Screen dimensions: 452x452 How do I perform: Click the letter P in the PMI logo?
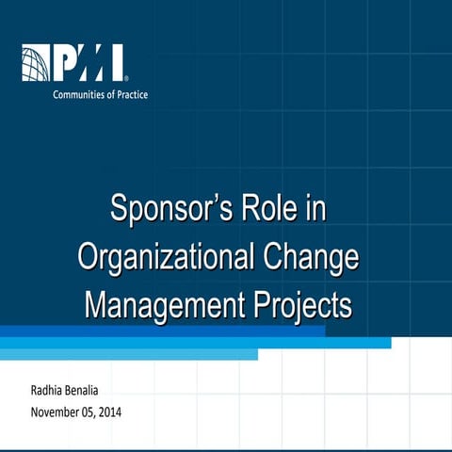click(67, 63)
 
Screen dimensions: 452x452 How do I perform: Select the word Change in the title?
click(310, 257)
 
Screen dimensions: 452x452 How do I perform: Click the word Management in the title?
click(156, 305)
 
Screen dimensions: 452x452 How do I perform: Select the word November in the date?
click(56, 412)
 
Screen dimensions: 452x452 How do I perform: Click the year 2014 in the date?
click(108, 412)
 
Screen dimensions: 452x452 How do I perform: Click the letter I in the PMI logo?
click(118, 63)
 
